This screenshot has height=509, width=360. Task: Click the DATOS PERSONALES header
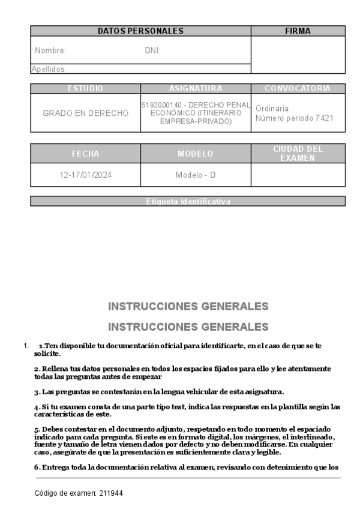(140, 31)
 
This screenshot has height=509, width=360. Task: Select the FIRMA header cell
(298, 31)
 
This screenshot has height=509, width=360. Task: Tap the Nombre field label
(50, 51)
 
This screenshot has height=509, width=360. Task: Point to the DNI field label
(153, 51)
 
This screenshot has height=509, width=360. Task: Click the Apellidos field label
(49, 69)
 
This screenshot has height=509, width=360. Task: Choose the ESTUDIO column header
(85, 89)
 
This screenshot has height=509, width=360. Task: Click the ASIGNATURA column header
(196, 89)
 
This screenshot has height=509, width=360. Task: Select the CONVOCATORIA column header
(298, 89)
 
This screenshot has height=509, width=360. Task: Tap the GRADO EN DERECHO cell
(85, 113)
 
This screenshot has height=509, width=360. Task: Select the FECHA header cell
(85, 154)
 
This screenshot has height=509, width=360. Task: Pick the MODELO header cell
(196, 154)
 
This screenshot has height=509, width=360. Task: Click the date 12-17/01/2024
(85, 175)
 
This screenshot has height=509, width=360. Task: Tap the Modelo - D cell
(196, 175)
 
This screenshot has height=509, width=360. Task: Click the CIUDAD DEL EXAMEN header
(298, 153)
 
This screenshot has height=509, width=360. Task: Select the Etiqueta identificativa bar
(188, 201)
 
